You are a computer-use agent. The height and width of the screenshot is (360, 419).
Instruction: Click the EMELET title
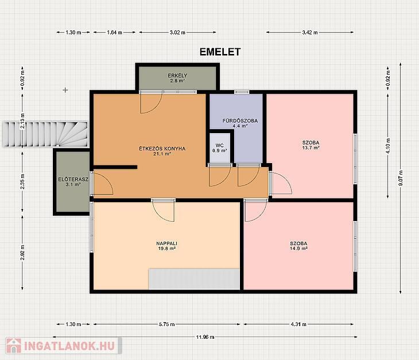(220, 52)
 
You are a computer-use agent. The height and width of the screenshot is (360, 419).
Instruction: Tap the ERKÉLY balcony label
(177, 78)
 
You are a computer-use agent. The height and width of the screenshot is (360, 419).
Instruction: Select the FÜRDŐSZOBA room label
(240, 123)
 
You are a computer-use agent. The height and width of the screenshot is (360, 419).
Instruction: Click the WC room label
(220, 148)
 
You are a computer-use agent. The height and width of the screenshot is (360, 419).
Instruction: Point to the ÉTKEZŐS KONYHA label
(162, 151)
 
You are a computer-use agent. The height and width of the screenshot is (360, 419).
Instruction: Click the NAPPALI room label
(167, 246)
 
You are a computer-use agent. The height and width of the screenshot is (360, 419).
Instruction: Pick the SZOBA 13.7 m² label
(311, 145)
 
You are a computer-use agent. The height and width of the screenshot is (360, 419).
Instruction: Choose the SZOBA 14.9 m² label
(298, 246)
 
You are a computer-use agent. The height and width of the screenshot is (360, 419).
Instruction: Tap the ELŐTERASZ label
(73, 182)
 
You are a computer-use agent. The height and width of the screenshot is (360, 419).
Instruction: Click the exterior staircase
(45, 134)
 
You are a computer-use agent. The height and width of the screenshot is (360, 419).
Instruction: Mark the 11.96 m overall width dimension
(205, 337)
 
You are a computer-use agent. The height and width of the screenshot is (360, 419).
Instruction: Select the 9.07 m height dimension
(400, 178)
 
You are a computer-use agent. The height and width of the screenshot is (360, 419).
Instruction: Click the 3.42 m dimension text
(310, 33)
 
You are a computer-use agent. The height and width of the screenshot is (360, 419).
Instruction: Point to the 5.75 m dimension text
(167, 324)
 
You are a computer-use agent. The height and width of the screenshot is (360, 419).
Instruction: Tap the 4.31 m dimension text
(298, 324)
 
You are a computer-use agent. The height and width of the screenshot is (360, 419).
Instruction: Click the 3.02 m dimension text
(177, 33)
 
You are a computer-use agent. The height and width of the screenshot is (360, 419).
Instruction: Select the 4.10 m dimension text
(388, 146)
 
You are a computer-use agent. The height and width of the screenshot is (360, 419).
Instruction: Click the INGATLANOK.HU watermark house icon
(14, 346)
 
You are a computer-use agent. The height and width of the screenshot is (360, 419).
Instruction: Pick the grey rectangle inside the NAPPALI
(194, 279)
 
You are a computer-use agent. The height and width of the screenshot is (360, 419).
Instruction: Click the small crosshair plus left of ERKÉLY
(65, 90)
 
